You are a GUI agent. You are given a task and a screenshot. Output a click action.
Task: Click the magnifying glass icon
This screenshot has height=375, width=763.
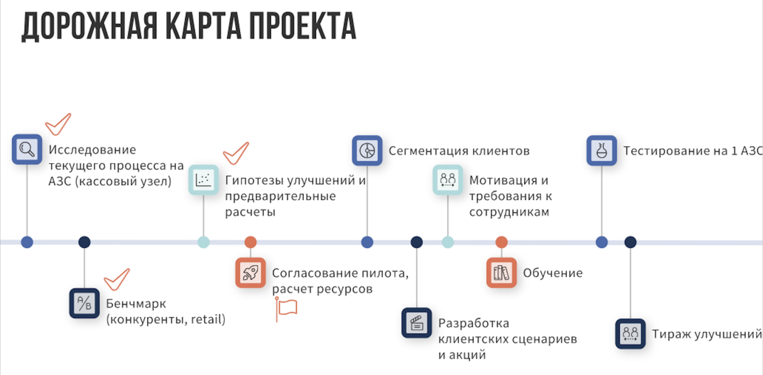click(27, 149)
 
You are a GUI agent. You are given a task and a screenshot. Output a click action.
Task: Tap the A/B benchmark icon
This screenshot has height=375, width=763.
click(84, 303)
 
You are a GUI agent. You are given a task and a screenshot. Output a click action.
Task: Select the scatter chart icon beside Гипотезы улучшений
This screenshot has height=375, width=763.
click(203, 180)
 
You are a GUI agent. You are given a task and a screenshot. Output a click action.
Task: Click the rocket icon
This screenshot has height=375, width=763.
click(250, 273)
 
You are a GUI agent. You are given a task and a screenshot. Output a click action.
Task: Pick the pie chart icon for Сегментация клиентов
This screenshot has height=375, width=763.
click(367, 150)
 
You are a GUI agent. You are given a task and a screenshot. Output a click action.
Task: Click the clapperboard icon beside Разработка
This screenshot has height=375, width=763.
click(416, 323)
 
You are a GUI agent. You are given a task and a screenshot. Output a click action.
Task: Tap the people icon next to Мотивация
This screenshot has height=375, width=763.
click(447, 180)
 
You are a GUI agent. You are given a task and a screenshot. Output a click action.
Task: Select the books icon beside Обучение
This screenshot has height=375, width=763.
click(501, 273)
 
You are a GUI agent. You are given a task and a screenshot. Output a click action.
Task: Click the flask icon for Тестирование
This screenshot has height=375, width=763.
click(601, 150)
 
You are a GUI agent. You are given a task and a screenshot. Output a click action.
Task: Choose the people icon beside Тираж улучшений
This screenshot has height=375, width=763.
click(630, 334)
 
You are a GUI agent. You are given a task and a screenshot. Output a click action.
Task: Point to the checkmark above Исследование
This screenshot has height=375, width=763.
click(58, 124)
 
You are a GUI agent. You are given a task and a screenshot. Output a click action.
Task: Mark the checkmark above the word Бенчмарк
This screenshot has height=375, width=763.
click(117, 279)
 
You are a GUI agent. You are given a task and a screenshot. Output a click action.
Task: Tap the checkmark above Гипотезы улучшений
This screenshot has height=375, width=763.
click(236, 153)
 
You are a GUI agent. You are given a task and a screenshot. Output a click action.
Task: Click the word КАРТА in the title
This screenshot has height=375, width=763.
click(203, 26)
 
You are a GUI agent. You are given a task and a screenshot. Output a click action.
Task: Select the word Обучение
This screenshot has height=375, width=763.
click(552, 273)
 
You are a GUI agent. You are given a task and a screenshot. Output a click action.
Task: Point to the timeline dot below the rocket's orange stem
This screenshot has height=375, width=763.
click(250, 242)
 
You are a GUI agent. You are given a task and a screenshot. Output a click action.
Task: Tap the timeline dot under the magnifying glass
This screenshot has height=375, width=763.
click(27, 242)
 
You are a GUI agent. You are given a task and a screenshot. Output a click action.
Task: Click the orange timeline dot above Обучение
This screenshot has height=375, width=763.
click(501, 242)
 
